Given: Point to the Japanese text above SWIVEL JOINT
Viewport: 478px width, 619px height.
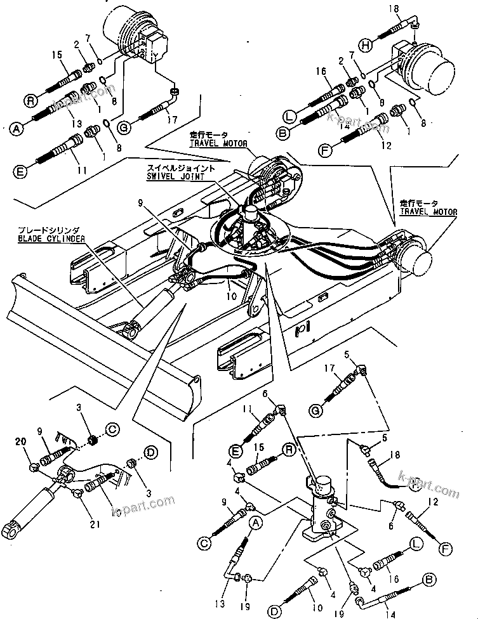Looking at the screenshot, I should pyautogui.click(x=175, y=169).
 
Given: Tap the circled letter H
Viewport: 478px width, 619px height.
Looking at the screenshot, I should pyautogui.click(x=366, y=44).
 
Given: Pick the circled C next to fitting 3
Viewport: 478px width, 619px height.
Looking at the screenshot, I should pyautogui.click(x=112, y=428).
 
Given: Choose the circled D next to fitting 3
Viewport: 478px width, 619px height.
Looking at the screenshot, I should pyautogui.click(x=151, y=453).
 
